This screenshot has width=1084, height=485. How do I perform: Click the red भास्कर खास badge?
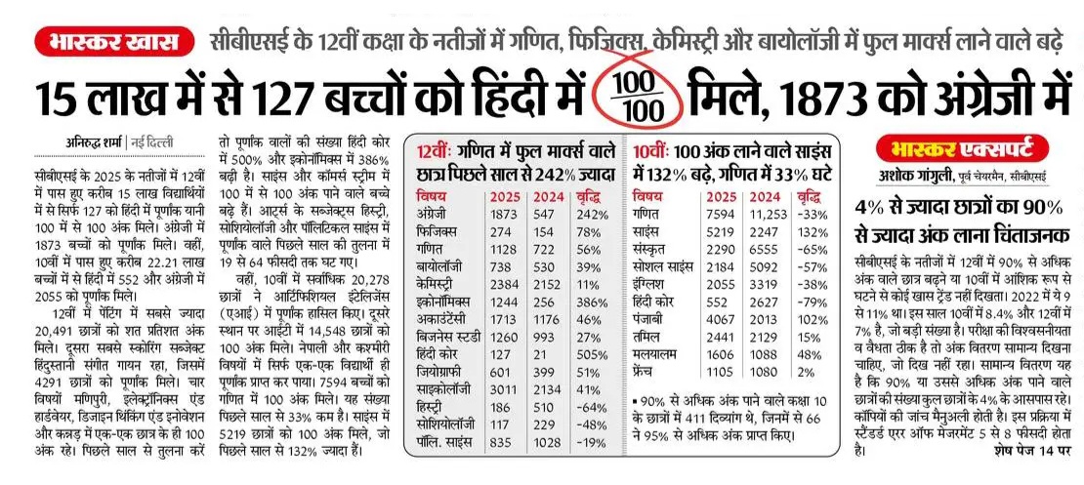[x=112, y=41]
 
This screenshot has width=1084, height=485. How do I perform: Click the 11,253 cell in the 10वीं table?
[x=768, y=214]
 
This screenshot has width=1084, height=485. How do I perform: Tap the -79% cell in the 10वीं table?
[x=813, y=303]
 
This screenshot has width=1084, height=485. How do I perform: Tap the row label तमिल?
[x=645, y=338]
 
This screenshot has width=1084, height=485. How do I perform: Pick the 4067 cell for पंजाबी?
[x=721, y=321]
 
